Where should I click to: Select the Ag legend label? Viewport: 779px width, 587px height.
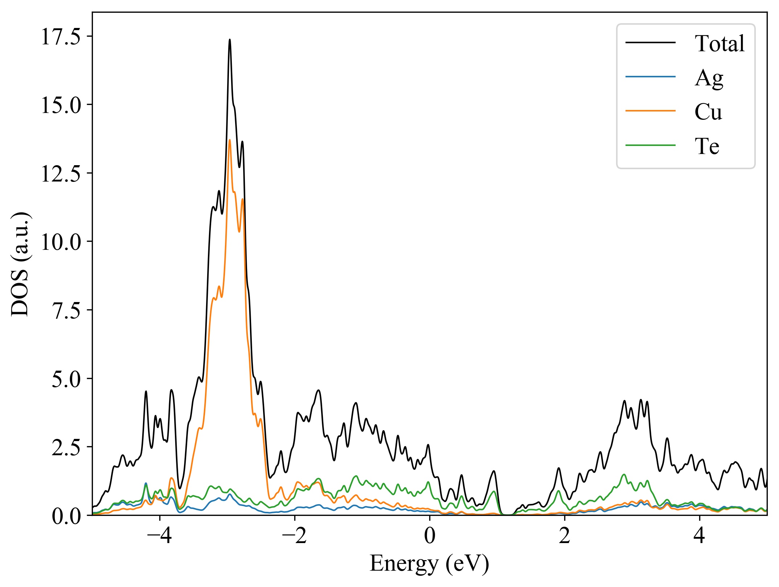709,78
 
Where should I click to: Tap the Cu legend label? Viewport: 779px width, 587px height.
708,112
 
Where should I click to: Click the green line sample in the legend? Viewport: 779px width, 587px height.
650,145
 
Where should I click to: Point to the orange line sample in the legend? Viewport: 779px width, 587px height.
650,110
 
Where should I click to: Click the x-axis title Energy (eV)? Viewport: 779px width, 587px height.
429,564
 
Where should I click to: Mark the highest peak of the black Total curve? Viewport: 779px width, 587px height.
230,40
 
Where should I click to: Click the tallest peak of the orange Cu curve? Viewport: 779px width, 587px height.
230,140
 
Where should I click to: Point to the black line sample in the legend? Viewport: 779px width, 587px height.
650,42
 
